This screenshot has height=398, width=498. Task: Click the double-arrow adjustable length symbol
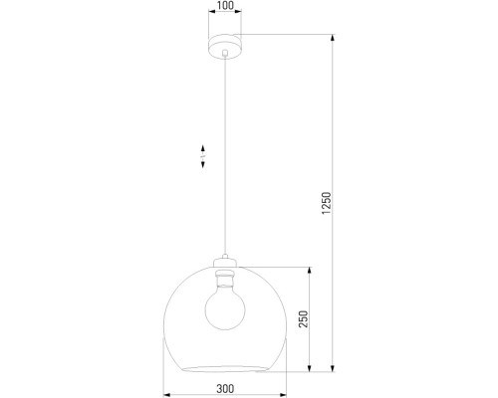(202, 157)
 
